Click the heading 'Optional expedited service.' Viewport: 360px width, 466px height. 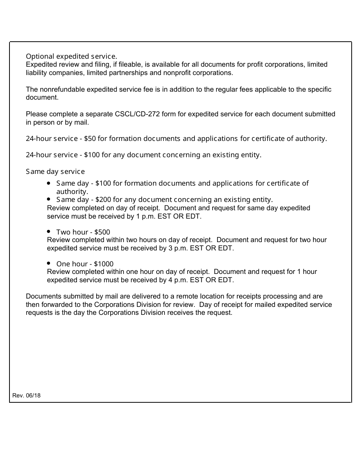71,56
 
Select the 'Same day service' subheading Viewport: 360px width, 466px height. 55,172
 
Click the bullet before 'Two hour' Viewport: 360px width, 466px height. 49,231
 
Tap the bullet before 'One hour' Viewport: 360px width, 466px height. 49,263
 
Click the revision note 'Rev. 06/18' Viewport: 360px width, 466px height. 27,396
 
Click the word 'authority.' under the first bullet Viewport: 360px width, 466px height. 72,191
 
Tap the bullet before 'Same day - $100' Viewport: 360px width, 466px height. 49,183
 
